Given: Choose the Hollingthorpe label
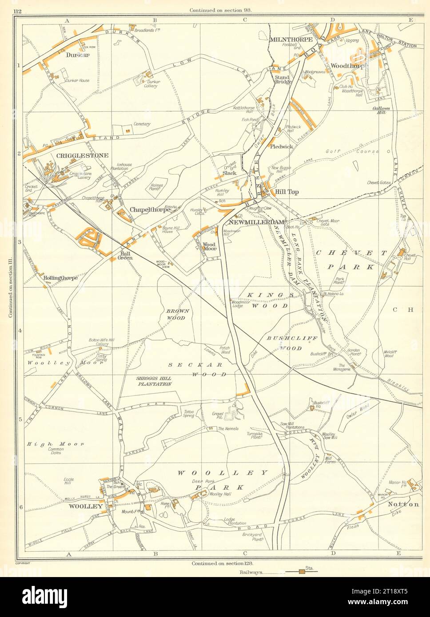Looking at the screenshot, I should pos(61,278).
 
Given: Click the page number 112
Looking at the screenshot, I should pos(19,11).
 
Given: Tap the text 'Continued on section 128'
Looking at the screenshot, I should pos(217,563).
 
